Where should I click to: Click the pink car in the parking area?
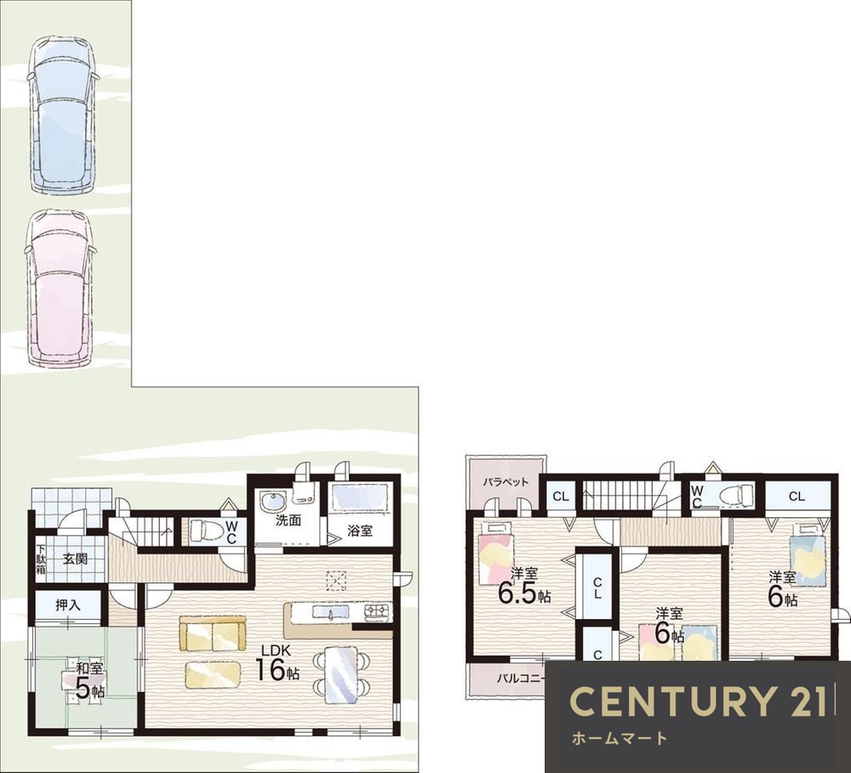[x=60, y=288]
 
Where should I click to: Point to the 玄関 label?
[x=75, y=558]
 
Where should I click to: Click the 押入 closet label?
[x=68, y=605]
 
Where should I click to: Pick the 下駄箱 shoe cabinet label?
[x=41, y=557]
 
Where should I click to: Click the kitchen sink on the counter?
[x=331, y=613]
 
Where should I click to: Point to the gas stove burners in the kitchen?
[x=377, y=611]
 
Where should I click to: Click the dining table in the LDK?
[x=342, y=673]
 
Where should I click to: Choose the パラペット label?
[x=505, y=481]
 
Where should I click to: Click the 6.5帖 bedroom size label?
[x=524, y=594]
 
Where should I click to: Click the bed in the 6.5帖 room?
[x=495, y=552]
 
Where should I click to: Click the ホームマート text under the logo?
[x=620, y=738]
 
